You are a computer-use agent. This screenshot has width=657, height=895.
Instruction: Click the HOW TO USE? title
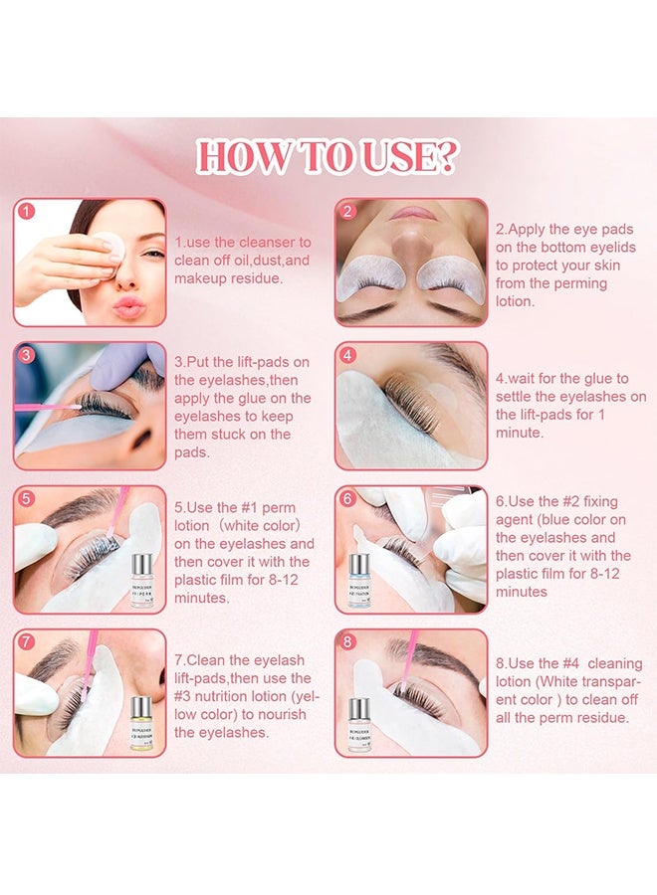[328, 157]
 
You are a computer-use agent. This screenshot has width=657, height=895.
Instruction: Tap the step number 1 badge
[27, 212]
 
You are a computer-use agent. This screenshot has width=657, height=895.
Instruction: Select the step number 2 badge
[347, 212]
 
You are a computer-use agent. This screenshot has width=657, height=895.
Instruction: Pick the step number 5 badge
[27, 499]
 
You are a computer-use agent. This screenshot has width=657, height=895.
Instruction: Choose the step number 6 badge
[347, 499]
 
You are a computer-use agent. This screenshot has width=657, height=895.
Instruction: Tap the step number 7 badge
[27, 642]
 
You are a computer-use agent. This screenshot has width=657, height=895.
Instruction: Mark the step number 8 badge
[347, 642]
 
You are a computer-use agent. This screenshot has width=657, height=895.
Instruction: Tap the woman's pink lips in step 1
[128, 307]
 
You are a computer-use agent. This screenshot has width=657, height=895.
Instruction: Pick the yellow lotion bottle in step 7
[142, 723]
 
